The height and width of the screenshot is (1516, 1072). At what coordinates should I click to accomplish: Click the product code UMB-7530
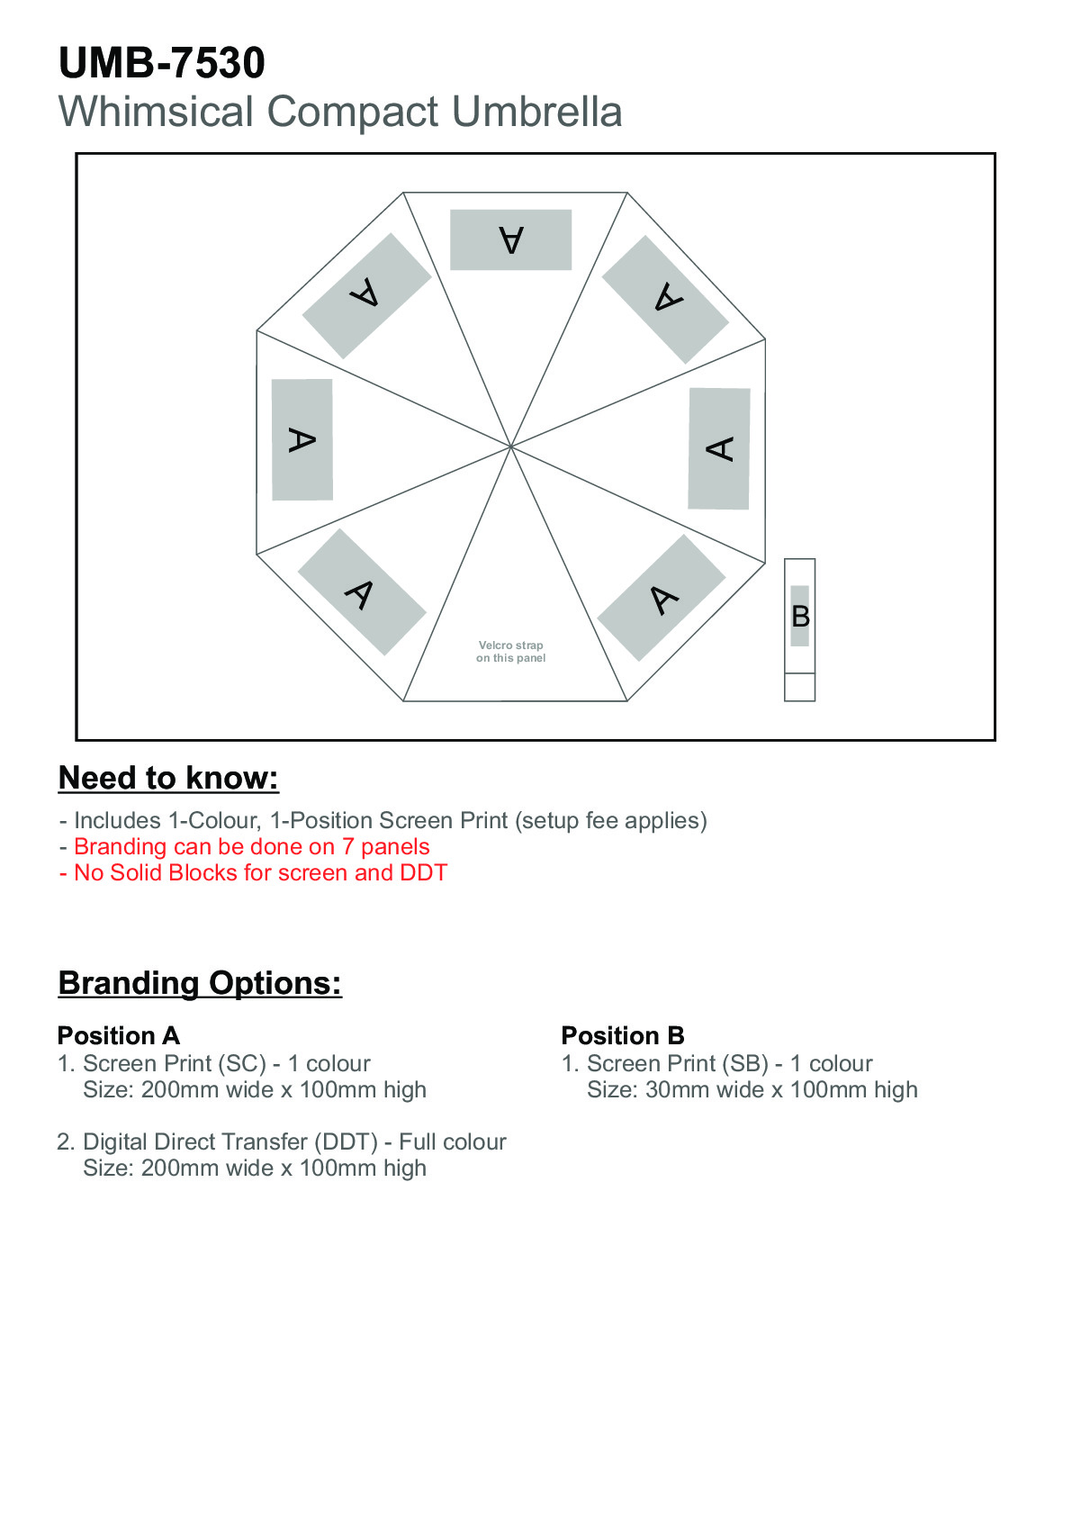pyautogui.click(x=162, y=63)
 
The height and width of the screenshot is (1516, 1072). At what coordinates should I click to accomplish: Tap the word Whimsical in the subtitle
pyautogui.click(x=156, y=111)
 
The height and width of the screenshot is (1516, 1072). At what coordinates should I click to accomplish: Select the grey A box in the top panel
pyautogui.click(x=511, y=239)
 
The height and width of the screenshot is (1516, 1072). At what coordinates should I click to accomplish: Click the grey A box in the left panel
pyautogui.click(x=302, y=440)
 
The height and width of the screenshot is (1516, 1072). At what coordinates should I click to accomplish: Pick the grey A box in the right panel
pyautogui.click(x=719, y=448)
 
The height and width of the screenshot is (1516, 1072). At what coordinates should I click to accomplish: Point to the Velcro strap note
pyautogui.click(x=511, y=652)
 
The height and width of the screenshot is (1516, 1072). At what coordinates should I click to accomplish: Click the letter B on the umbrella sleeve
pyautogui.click(x=800, y=617)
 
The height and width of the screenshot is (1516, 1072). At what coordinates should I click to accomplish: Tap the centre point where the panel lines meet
pyautogui.click(x=511, y=447)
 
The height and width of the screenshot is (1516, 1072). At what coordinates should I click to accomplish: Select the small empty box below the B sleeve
pyautogui.click(x=799, y=686)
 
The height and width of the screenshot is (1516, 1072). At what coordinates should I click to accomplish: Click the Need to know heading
pyautogui.click(x=168, y=778)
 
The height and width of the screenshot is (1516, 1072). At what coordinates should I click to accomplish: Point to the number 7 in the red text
pyautogui.click(x=347, y=846)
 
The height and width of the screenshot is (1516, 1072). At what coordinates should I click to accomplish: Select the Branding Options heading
pyautogui.click(x=200, y=983)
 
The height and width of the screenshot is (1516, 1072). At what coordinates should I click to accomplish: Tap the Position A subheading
pyautogui.click(x=119, y=1035)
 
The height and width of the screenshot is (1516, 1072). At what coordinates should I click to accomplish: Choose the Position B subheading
pyautogui.click(x=623, y=1035)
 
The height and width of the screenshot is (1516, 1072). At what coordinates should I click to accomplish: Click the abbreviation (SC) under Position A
pyautogui.click(x=242, y=1064)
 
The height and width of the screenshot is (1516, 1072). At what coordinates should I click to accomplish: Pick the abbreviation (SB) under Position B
pyautogui.click(x=745, y=1064)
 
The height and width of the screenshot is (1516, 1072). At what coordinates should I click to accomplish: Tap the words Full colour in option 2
pyautogui.click(x=452, y=1142)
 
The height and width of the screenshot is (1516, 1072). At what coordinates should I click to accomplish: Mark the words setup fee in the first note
pyautogui.click(x=569, y=820)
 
